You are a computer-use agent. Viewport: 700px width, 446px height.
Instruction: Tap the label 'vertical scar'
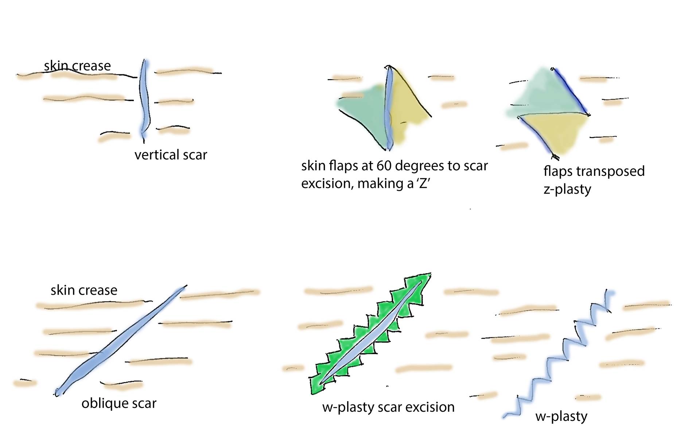coord(171,155)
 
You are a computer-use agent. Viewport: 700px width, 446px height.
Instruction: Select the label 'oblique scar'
coord(119,403)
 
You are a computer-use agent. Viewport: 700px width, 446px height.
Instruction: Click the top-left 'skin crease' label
coord(77,66)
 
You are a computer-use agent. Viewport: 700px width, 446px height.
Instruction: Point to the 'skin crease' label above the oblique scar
coord(84,290)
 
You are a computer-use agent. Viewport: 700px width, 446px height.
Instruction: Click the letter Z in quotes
coord(423,183)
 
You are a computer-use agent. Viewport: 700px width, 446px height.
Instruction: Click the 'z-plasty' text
coord(567,190)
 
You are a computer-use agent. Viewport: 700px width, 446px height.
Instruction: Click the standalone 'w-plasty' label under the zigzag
coord(561,416)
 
